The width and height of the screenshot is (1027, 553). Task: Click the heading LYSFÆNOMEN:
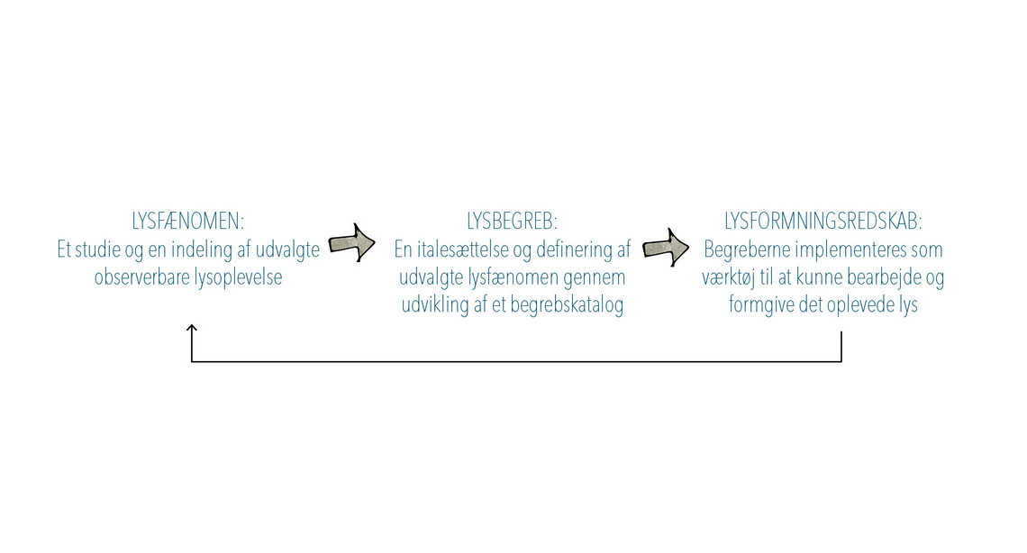click(x=188, y=222)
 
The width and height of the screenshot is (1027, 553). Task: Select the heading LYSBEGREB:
click(x=513, y=222)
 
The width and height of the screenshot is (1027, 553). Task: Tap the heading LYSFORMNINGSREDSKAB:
click(x=823, y=222)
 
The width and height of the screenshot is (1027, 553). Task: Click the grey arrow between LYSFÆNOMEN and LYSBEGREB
click(x=351, y=243)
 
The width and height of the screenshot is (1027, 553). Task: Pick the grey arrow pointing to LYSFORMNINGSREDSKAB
click(x=666, y=248)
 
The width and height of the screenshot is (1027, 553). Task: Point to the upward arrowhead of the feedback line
click(x=192, y=328)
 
